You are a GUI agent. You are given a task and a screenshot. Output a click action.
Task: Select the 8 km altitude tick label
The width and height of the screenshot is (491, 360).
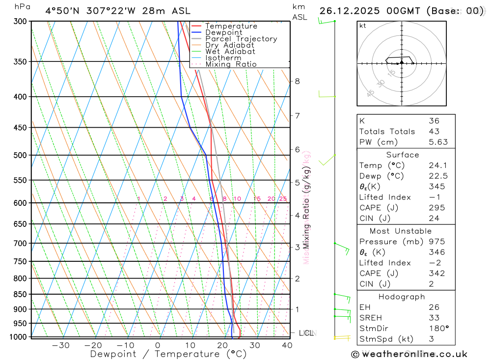tap(298, 81)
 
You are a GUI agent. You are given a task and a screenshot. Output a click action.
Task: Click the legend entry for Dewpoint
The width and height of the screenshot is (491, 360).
tap(223, 32)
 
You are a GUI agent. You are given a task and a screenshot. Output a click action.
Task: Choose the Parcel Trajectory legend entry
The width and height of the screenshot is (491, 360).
tap(241, 39)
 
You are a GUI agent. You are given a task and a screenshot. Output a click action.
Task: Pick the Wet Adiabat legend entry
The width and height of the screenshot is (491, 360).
tap(230, 52)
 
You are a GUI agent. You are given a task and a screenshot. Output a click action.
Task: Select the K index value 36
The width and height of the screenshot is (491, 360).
tap(434, 121)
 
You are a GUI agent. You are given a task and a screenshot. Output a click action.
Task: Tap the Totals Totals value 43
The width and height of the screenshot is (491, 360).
tap(434, 132)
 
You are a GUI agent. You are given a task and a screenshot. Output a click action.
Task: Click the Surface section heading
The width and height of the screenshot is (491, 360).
tap(403, 155)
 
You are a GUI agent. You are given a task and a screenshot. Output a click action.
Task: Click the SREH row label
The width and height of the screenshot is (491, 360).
tap(371, 318)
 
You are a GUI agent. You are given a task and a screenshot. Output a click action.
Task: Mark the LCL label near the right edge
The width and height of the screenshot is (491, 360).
tap(306, 333)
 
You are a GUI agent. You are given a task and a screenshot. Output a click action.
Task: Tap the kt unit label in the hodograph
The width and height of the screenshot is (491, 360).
tap(363, 26)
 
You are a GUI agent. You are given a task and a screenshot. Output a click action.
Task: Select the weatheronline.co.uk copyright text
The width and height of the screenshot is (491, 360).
tap(409, 354)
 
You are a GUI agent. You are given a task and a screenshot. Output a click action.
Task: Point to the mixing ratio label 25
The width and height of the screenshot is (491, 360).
tap(283, 199)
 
